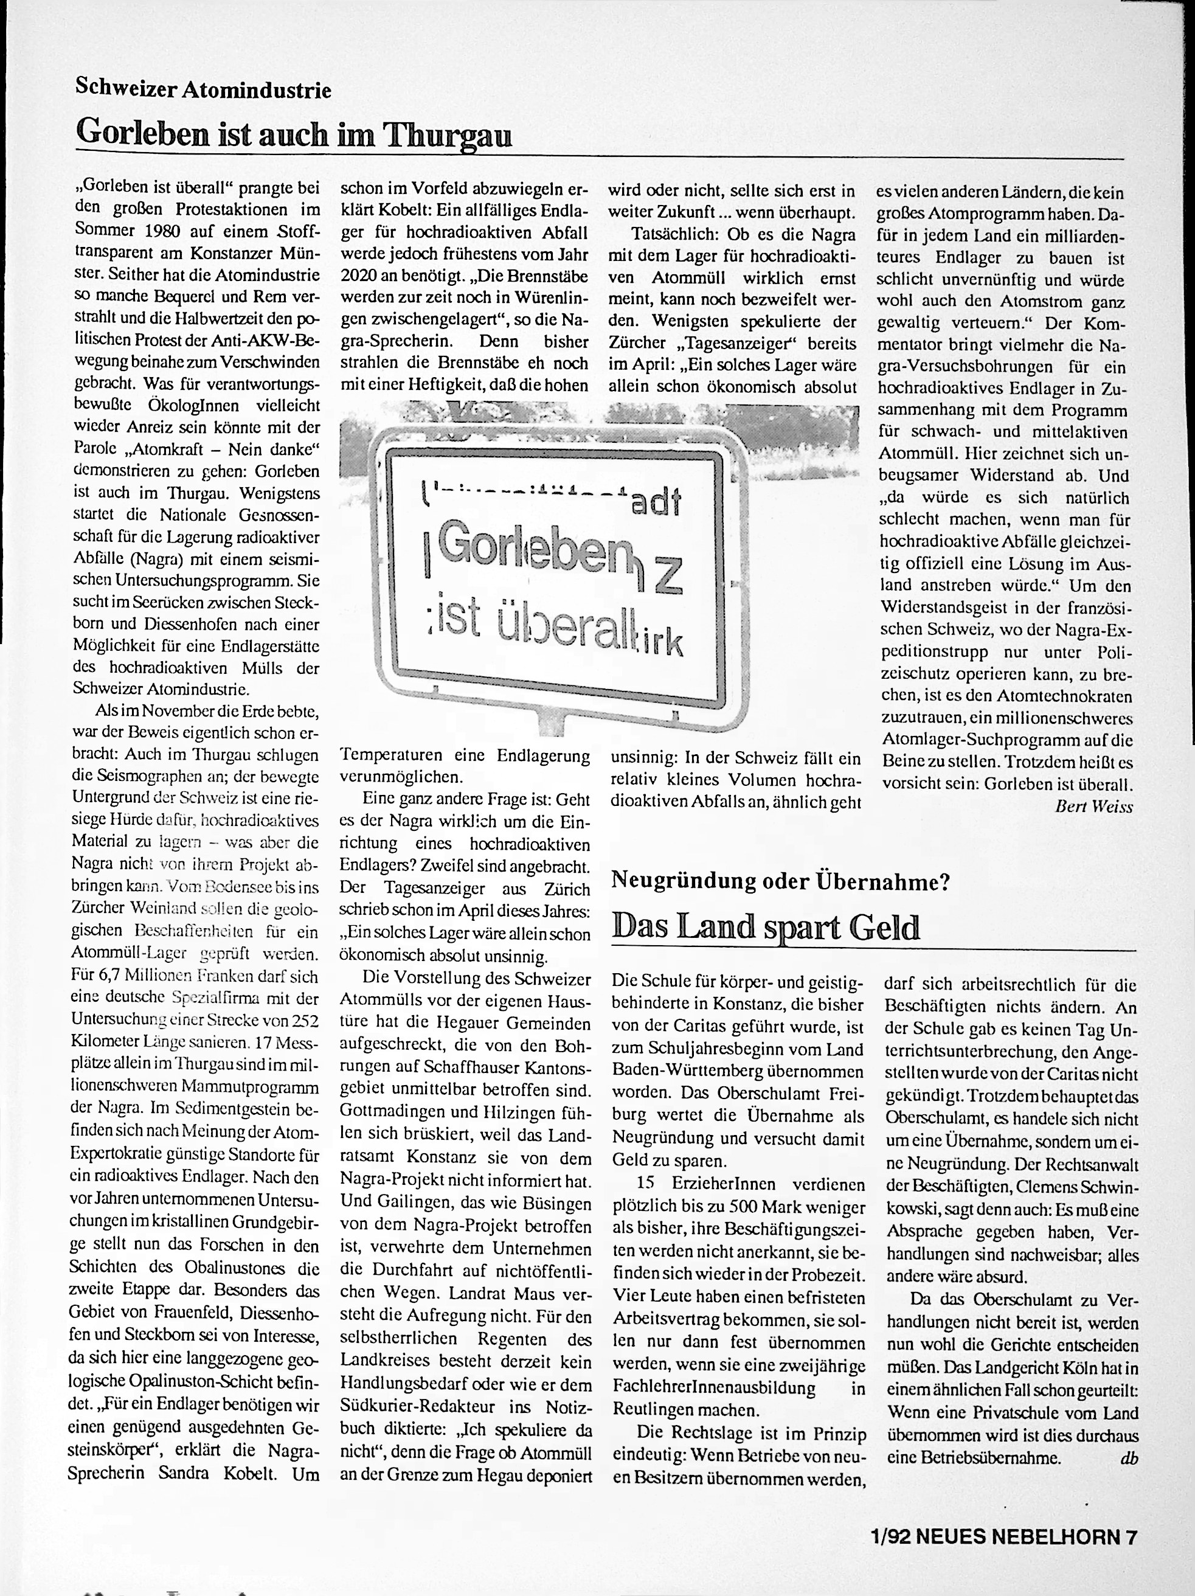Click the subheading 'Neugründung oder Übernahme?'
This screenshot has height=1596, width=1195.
[x=780, y=881]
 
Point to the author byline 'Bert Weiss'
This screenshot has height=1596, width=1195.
[x=1093, y=806]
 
